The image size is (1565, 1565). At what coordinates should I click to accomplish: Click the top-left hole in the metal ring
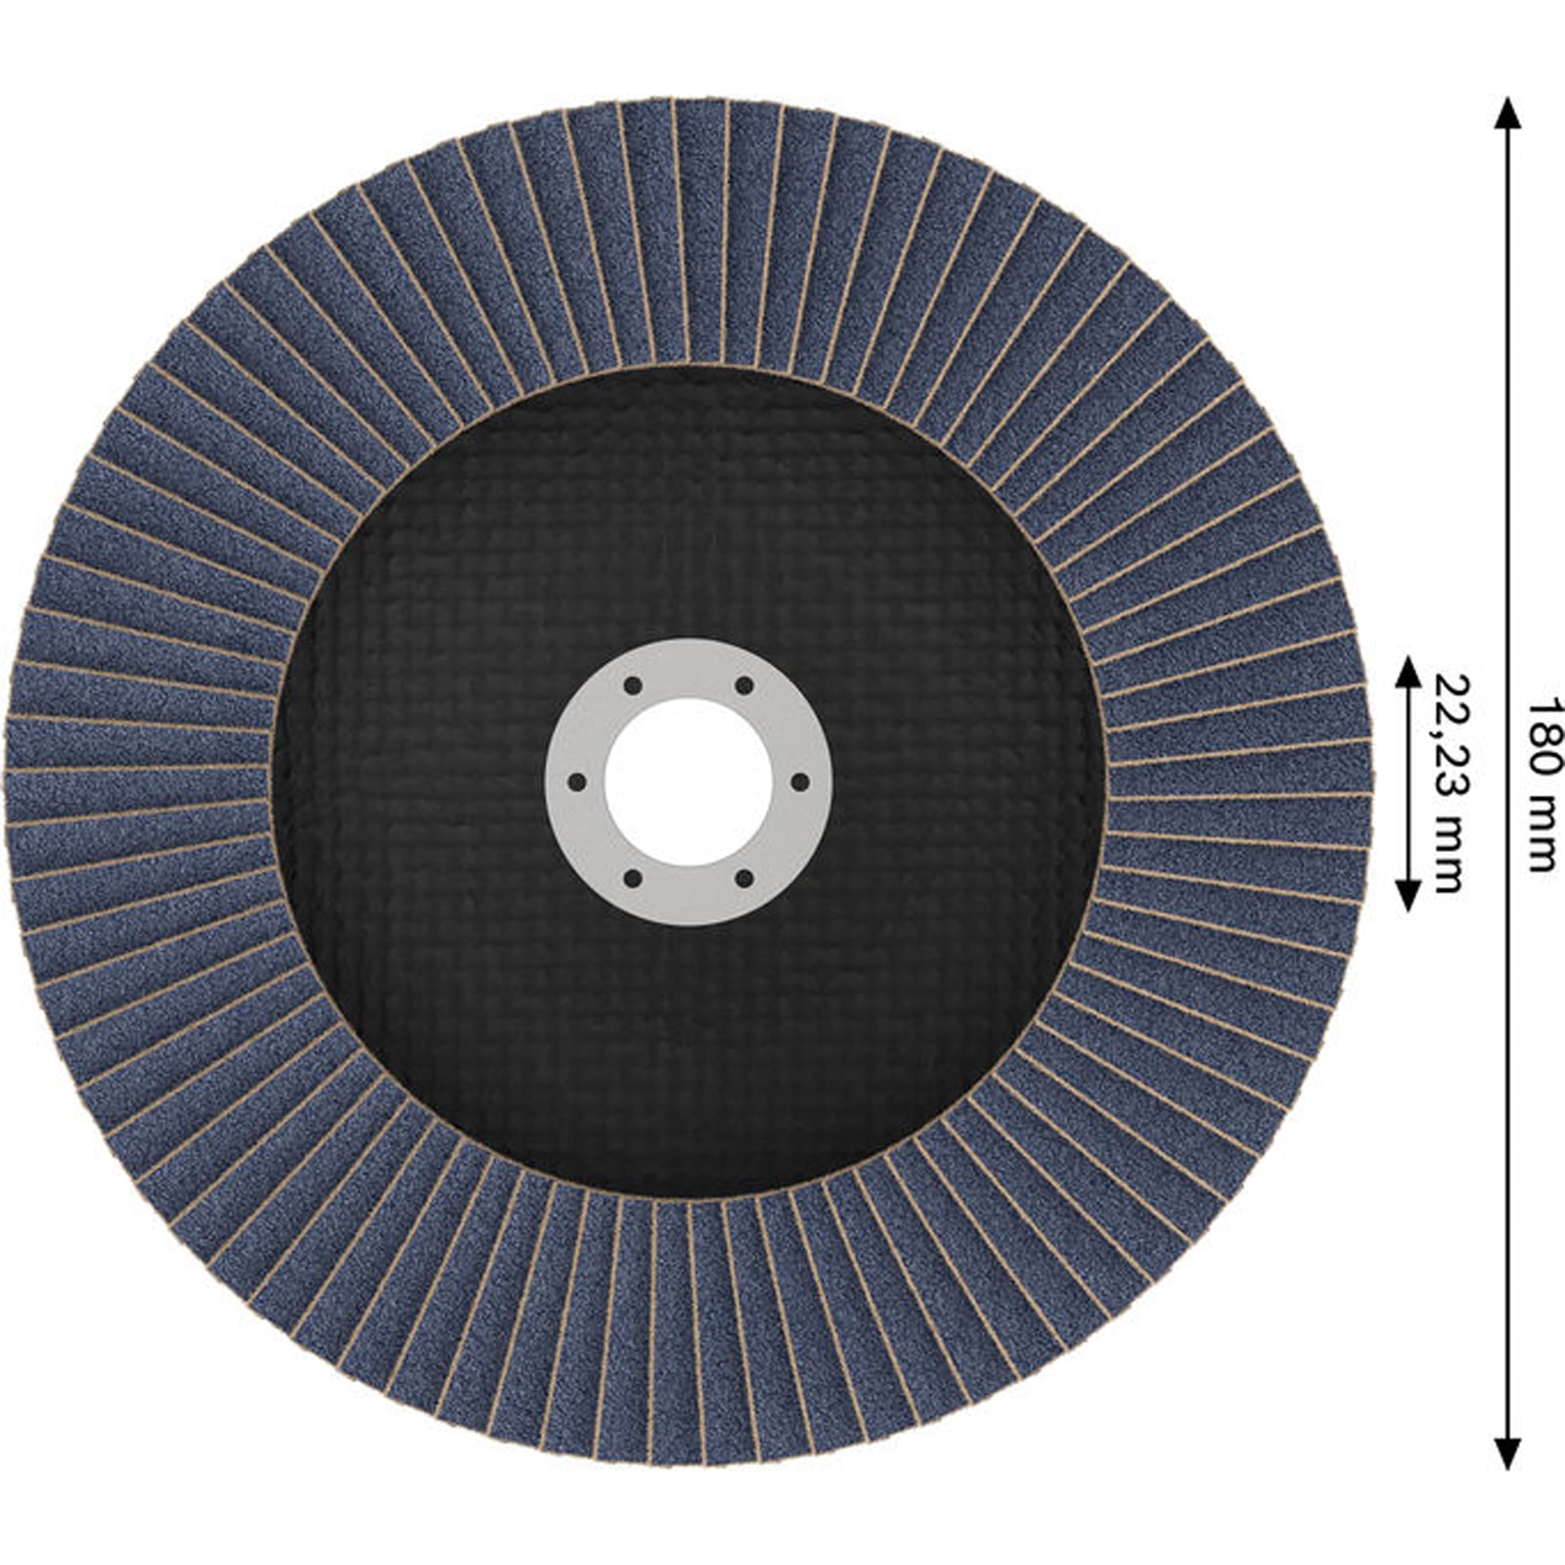[x=633, y=685]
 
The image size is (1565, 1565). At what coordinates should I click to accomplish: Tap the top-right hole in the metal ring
[x=744, y=685]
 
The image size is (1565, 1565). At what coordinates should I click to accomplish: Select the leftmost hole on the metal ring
[x=576, y=782]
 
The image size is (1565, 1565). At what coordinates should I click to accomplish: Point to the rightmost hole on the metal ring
[x=800, y=782]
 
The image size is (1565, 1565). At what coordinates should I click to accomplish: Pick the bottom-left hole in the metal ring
[x=633, y=878]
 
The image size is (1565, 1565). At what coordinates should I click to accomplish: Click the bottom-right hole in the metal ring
[x=744, y=878]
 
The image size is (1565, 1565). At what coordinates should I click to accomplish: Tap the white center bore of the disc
[x=689, y=782]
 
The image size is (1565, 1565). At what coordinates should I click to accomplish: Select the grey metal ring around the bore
[x=689, y=665]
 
